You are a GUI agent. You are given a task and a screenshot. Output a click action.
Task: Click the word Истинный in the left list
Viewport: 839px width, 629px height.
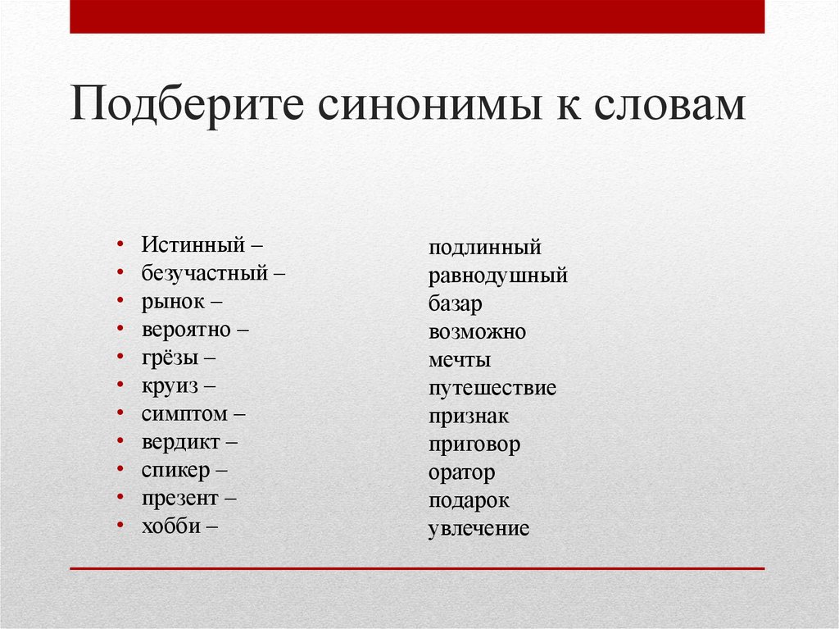tap(193, 245)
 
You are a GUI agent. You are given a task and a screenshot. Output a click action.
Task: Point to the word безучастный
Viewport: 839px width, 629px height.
tap(205, 273)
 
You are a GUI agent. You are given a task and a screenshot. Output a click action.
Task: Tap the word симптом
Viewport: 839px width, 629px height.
tap(183, 413)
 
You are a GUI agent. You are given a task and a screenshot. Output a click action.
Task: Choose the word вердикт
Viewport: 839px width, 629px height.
tap(180, 442)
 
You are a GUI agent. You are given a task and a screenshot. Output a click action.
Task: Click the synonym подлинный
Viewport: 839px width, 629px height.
tap(484, 247)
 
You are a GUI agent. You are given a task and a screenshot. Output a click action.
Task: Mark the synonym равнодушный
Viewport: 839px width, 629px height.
tap(497, 276)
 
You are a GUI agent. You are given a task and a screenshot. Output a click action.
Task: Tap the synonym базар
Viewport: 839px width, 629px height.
tap(455, 303)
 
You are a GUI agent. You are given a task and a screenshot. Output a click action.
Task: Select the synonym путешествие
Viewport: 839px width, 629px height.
tap(492, 388)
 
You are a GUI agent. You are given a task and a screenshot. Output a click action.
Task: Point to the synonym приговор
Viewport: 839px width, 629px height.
tap(474, 444)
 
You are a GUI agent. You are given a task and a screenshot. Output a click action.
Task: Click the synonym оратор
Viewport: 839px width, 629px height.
tap(461, 473)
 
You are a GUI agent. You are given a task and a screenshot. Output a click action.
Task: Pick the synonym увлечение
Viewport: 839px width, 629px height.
tap(478, 529)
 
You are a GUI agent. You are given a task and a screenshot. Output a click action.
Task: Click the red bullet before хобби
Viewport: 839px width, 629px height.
tap(120, 526)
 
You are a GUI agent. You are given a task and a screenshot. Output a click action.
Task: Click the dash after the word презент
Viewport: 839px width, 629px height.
tap(231, 498)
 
